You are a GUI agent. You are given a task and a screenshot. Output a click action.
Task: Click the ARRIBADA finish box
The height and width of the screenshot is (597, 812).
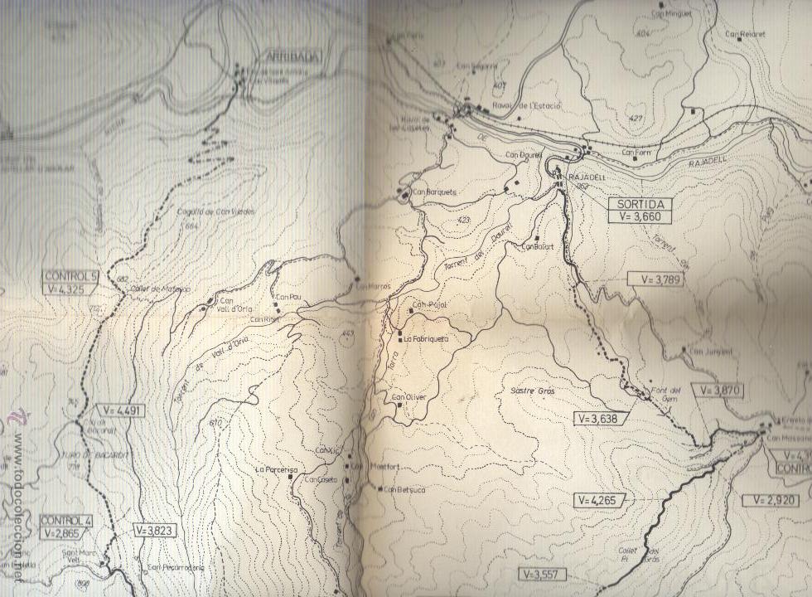[x=292, y=56]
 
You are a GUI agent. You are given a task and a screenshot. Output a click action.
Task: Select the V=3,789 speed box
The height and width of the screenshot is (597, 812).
[x=655, y=279]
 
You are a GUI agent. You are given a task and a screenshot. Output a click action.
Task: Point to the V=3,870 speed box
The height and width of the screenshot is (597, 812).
[x=718, y=389]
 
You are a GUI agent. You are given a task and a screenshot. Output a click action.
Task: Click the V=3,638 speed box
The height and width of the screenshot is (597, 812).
[x=601, y=419]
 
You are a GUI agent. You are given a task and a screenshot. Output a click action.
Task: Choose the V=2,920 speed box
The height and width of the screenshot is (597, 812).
[x=770, y=500]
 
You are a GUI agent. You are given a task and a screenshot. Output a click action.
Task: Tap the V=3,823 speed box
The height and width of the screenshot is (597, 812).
[x=154, y=529]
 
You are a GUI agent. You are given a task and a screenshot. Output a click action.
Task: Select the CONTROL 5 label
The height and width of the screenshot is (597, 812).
[x=71, y=276]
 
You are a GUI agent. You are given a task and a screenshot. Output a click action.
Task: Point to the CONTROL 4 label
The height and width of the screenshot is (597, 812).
[x=66, y=520]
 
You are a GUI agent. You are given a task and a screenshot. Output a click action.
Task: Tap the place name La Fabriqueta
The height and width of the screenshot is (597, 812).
[x=428, y=338]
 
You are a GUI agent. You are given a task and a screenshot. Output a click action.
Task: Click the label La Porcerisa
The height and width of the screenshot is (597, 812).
[x=276, y=469]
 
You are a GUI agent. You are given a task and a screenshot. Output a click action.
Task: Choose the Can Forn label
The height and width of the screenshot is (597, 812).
[x=636, y=153]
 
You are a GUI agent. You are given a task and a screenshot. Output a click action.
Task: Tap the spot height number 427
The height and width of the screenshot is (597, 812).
[x=636, y=119]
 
